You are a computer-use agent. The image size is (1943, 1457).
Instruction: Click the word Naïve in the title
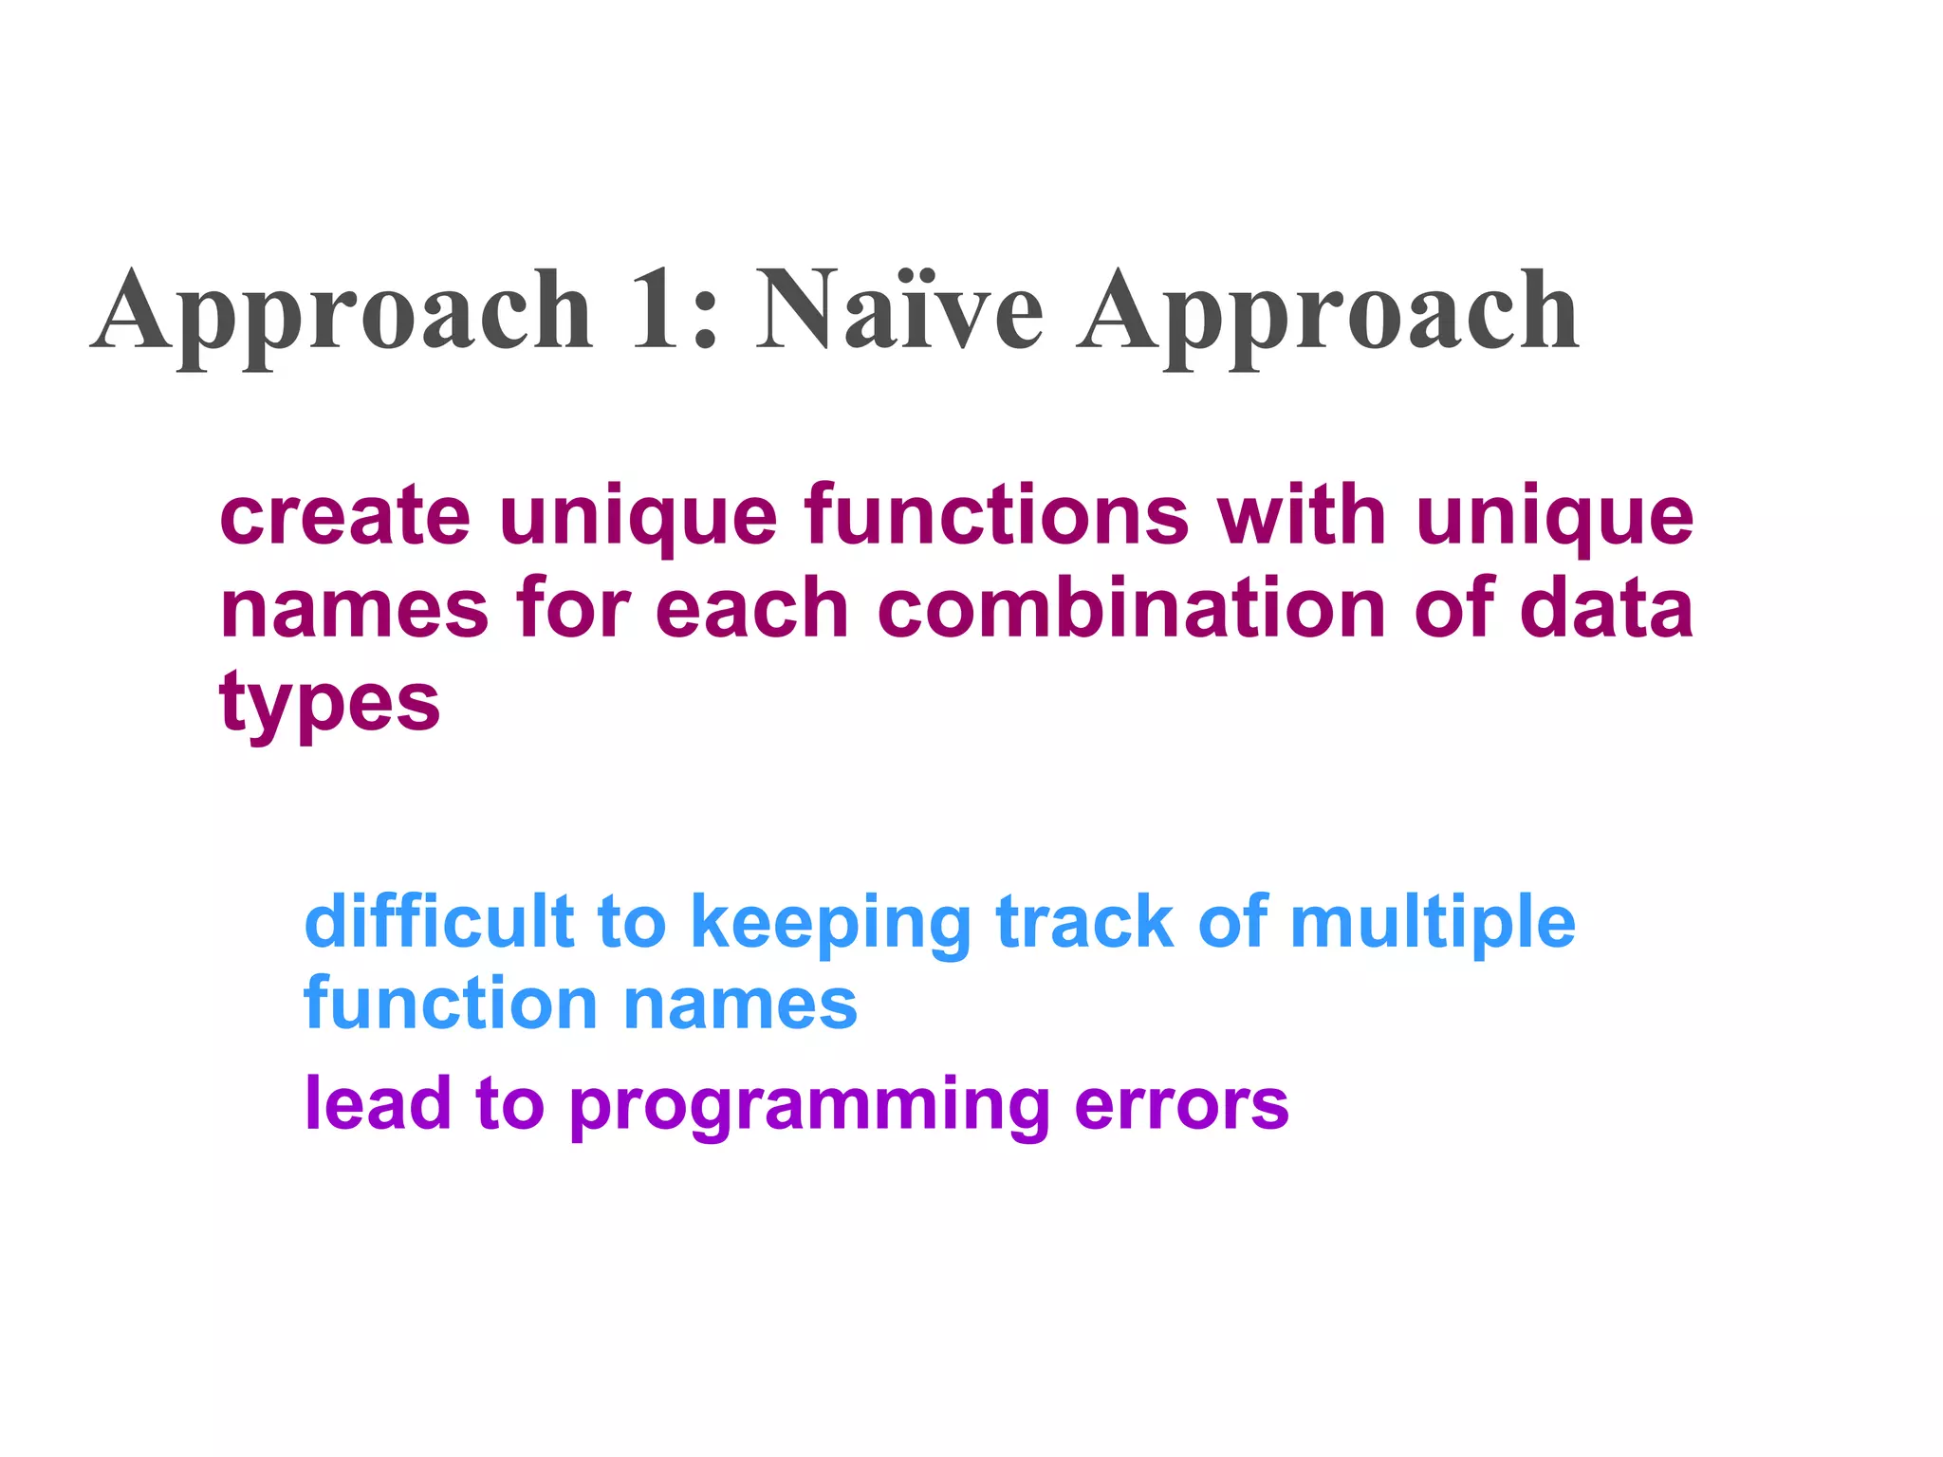click(x=899, y=310)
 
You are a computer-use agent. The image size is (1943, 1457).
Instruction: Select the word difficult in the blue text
click(x=439, y=921)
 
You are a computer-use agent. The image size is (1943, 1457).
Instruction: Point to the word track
click(x=1084, y=921)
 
